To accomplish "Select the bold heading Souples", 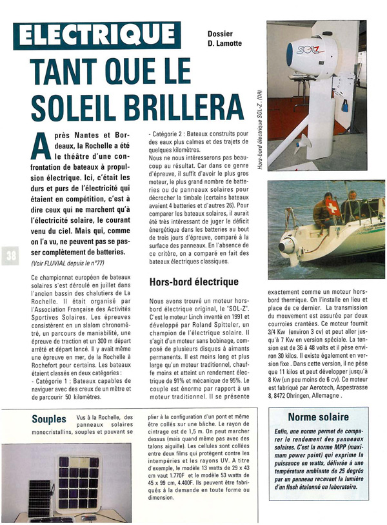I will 49,418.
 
